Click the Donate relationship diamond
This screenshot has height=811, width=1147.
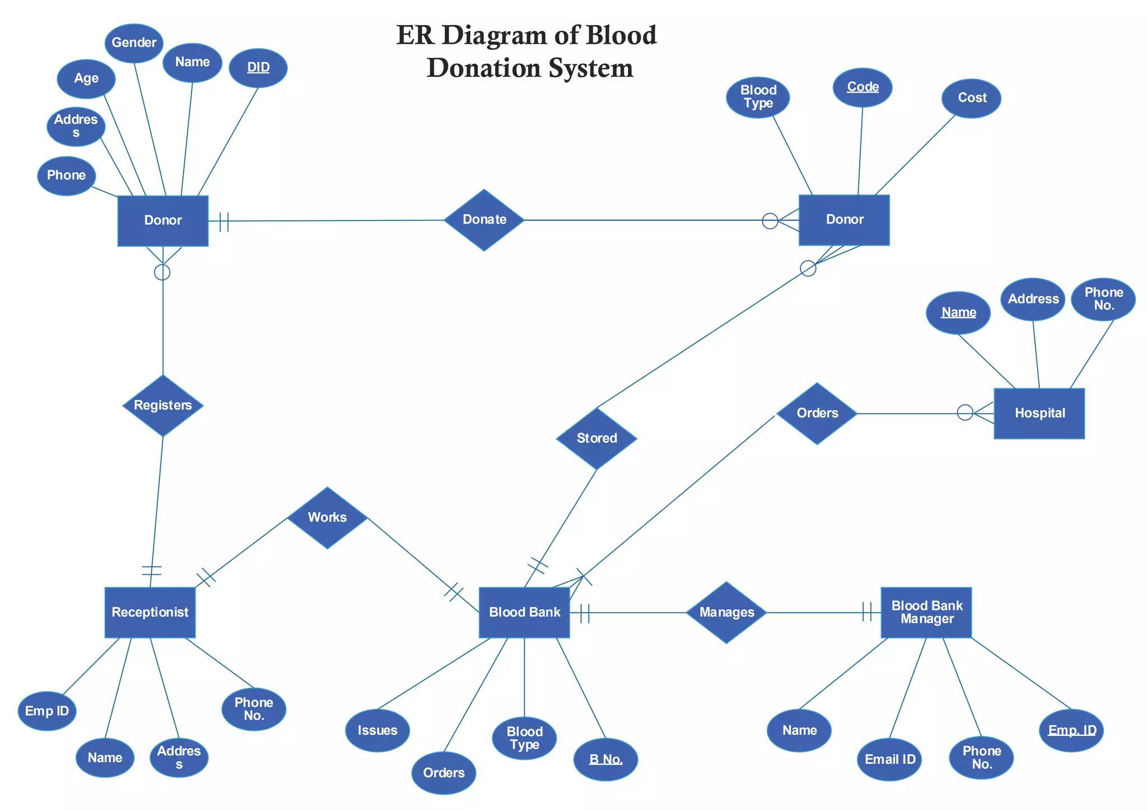484,220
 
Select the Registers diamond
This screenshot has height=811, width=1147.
163,405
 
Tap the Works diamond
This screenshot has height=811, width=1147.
327,517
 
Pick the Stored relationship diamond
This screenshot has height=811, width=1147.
596,438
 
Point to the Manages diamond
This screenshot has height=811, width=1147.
726,613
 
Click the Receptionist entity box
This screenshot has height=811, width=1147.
150,612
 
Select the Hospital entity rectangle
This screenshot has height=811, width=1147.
1039,413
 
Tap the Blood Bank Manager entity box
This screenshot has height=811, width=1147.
926,612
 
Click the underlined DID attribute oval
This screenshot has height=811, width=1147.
258,68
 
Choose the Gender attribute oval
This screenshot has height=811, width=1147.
134,43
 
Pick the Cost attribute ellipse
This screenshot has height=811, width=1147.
972,98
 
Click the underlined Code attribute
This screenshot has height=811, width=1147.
862,87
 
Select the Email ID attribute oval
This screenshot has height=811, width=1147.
889,759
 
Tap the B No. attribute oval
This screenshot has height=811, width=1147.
605,759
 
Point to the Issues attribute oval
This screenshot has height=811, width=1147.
377,730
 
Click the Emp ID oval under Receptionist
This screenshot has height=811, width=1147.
47,711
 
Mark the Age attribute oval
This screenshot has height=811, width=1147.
86,78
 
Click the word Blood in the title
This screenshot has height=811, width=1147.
621,35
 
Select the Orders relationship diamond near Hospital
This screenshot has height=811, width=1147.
817,413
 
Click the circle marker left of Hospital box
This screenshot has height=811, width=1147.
965,413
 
